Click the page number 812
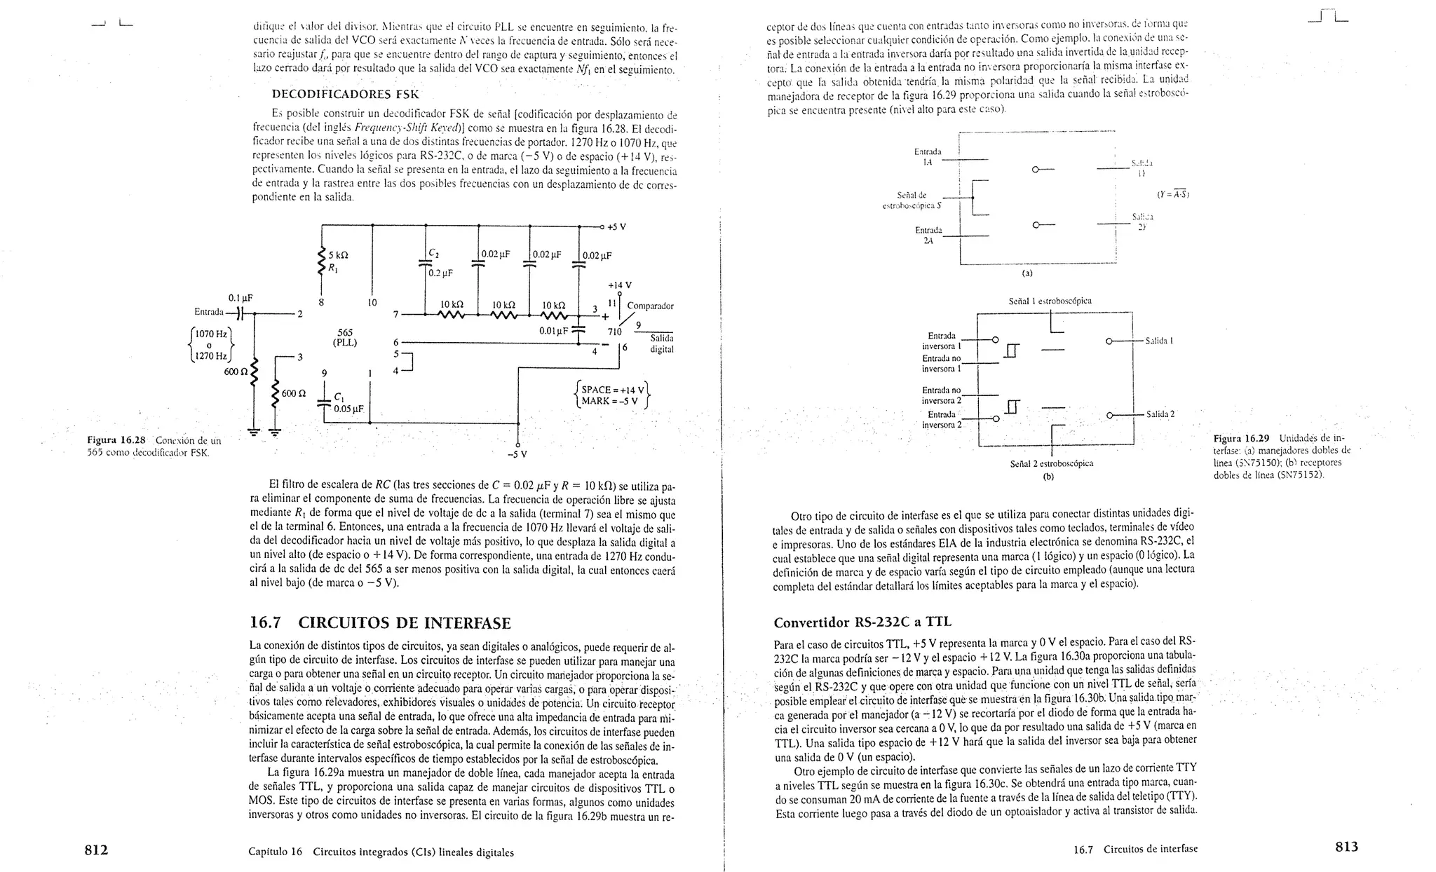tap(96, 850)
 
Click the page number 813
tap(1346, 847)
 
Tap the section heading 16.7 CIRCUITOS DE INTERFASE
tap(380, 623)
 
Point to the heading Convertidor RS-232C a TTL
tap(862, 622)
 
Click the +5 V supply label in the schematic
tap(616, 227)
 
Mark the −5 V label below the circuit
tap(517, 454)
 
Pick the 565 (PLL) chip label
tap(344, 337)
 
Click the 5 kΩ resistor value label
tap(339, 255)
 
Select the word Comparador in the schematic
tap(650, 306)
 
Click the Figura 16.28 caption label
tap(116, 440)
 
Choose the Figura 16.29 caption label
tap(1241, 439)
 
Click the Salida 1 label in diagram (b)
tap(1159, 341)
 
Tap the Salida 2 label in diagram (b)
tap(1160, 414)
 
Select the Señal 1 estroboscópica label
tap(1050, 301)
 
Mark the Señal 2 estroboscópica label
tap(1051, 463)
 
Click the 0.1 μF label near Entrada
tap(240, 298)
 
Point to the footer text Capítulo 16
tap(275, 852)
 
